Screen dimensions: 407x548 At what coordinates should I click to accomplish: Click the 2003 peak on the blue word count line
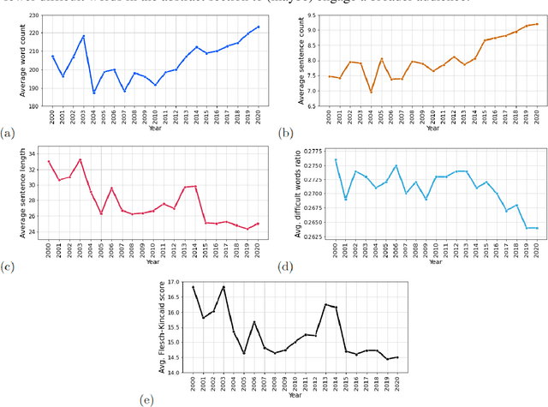coord(84,36)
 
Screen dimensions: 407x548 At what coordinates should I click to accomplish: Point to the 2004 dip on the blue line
coord(94,93)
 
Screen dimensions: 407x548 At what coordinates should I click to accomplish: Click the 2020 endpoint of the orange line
coord(538,24)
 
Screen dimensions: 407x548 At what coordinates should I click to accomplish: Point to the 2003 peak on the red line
coord(80,159)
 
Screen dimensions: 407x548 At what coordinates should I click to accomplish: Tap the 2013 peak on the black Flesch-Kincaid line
coord(325,304)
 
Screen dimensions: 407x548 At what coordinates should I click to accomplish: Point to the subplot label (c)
coord(9,266)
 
